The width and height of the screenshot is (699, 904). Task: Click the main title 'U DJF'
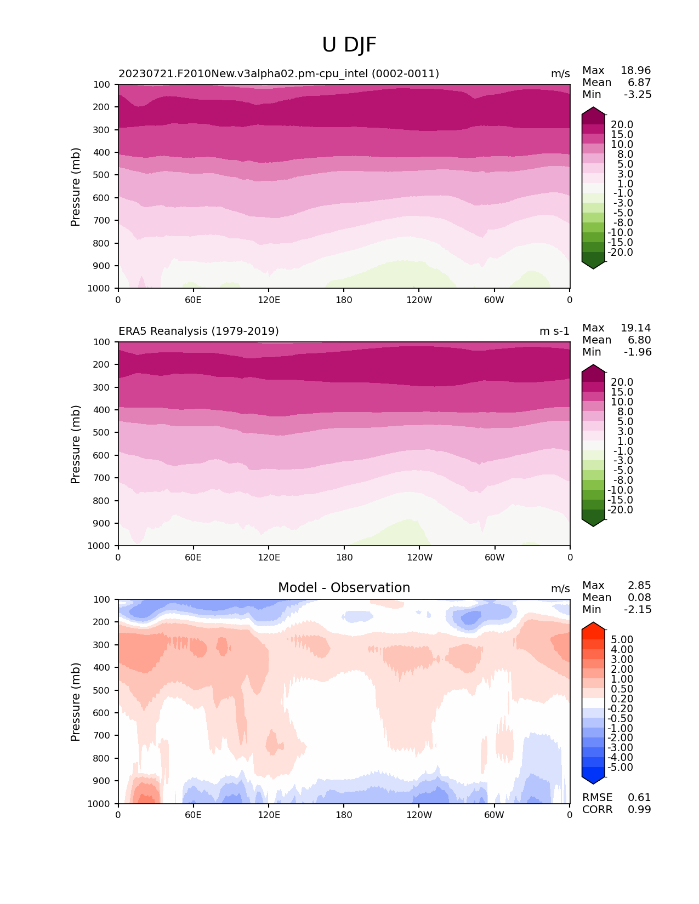349,45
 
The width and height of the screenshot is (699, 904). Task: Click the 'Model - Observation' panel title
344,588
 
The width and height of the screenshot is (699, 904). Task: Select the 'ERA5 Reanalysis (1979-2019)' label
198,331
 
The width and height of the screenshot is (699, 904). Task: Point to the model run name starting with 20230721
279,73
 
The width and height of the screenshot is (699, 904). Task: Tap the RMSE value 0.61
639,797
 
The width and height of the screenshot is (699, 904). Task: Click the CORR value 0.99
639,809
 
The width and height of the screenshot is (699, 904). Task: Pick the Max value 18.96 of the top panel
635,70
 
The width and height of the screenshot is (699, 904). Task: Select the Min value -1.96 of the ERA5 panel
638,352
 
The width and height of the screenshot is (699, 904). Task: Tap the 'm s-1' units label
554,331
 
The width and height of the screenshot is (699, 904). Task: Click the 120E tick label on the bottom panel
269,815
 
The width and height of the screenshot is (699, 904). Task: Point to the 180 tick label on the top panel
344,300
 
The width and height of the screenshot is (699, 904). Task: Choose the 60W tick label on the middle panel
494,557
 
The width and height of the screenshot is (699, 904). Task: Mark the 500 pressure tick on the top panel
103,175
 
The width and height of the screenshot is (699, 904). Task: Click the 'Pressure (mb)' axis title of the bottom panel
76,701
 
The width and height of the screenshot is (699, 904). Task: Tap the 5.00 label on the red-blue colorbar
622,639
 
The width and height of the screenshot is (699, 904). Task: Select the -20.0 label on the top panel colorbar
620,252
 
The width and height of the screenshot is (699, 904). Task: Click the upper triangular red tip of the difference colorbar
593,626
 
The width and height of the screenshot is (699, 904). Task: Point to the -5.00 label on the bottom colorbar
620,767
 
